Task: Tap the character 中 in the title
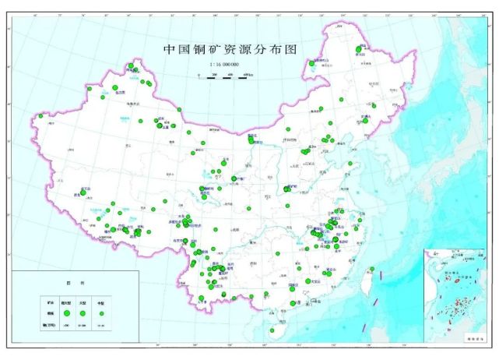(169, 49)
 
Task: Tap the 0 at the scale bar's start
(199, 73)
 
